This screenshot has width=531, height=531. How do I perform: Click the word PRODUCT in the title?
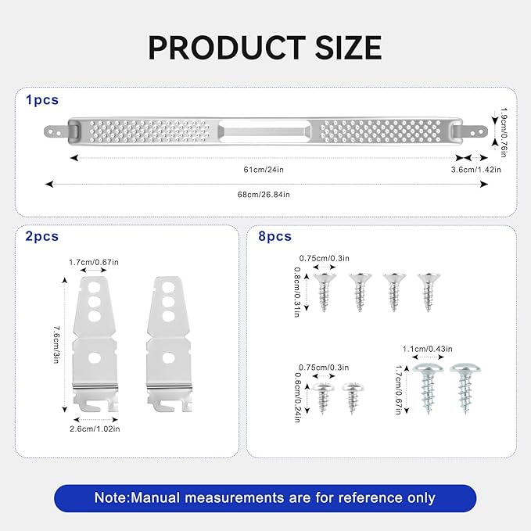pos(227,48)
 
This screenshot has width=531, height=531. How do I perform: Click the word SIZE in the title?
pos(349,48)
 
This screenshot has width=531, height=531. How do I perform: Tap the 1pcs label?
pos(42,100)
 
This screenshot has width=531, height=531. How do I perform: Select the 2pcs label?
pos(42,236)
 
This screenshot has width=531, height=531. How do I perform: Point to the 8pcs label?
pos(274,236)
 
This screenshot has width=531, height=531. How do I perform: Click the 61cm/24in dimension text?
pos(264,170)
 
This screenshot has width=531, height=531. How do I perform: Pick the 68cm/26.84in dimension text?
pos(264,195)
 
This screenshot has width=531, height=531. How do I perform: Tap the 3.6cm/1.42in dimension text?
pos(475,170)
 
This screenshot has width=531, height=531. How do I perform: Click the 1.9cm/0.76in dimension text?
pos(504,132)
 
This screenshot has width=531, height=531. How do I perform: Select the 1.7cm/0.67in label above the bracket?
pos(94,262)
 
